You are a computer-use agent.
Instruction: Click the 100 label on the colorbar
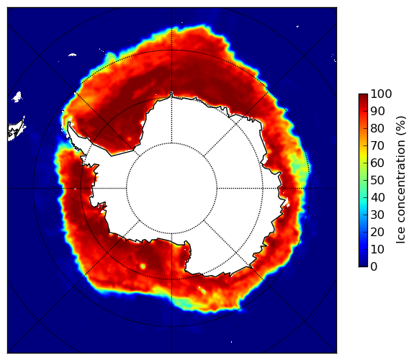tap(381, 94)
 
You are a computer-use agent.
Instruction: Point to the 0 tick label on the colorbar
tap(374, 267)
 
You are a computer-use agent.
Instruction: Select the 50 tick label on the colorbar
tap(377, 181)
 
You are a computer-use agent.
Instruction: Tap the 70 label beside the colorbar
tap(377, 145)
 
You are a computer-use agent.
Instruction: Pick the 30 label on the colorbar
tap(377, 215)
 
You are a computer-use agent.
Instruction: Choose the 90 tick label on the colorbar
tap(377, 111)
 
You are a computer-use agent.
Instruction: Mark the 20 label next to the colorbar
tap(377, 232)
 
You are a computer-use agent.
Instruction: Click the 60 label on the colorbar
tap(377, 163)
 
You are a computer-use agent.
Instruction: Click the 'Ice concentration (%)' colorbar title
tap(401, 180)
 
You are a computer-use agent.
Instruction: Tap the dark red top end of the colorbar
tap(363, 96)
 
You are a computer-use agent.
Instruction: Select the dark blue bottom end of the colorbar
tap(363, 265)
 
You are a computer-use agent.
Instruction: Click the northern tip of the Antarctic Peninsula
tap(69, 122)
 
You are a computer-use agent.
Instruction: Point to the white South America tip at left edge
tap(16, 130)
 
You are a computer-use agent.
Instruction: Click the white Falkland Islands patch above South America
tap(17, 96)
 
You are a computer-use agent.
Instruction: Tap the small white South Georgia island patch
tap(72, 55)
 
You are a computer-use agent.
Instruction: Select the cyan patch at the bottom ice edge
tap(185, 304)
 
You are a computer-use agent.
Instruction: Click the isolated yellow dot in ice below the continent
tap(143, 266)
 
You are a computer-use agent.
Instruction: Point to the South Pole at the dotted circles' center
tap(171, 189)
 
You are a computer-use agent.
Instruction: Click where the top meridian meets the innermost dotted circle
tap(171, 143)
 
